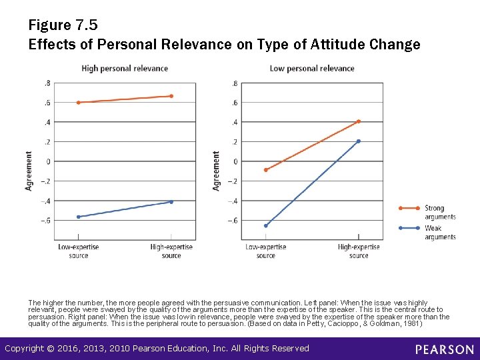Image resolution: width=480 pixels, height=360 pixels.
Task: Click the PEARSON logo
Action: (x=444, y=349)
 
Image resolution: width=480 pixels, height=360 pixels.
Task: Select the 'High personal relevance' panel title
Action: (x=125, y=68)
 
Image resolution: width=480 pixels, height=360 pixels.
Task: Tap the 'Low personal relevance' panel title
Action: (x=311, y=68)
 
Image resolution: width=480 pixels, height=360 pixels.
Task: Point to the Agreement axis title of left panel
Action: (x=29, y=171)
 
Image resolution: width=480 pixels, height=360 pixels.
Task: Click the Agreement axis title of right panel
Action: (x=216, y=171)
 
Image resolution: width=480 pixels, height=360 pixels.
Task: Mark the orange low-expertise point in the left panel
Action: (x=79, y=103)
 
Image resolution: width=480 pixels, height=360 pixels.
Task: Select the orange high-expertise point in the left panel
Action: (x=171, y=96)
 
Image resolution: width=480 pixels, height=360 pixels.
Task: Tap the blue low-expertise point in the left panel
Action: (x=79, y=217)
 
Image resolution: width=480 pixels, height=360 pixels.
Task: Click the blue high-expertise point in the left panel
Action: (x=171, y=202)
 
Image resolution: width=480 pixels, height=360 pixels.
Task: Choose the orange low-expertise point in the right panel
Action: (x=266, y=170)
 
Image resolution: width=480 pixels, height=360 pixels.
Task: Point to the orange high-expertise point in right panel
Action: (x=359, y=121)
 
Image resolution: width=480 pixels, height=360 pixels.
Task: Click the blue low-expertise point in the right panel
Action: (x=266, y=226)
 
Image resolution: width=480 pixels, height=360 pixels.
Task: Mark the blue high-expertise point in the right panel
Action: (x=359, y=141)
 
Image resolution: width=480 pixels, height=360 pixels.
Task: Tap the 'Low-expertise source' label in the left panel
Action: (x=79, y=251)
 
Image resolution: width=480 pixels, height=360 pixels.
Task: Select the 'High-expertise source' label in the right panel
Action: (x=359, y=251)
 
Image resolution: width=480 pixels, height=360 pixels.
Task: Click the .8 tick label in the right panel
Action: (x=233, y=83)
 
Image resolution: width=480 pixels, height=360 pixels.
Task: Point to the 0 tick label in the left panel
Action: (x=48, y=161)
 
